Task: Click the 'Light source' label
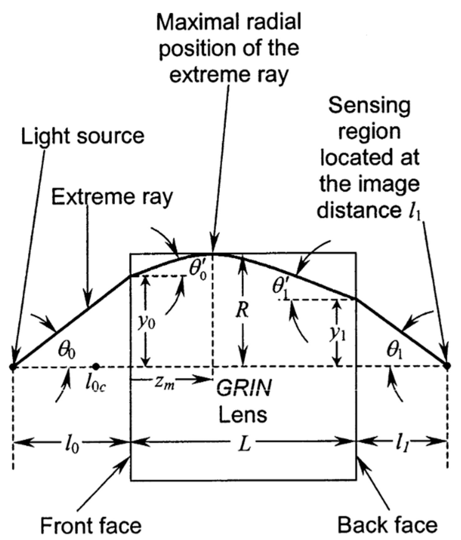coord(82,136)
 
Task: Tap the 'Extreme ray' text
coord(112,197)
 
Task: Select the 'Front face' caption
coord(91,526)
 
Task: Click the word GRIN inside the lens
coord(244,388)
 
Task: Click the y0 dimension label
coord(146,321)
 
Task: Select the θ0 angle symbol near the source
coord(67,351)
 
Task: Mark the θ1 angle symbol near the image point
coord(395,351)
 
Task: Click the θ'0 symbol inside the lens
coord(198,270)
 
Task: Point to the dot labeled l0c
coord(96,366)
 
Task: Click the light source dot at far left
coord(13,366)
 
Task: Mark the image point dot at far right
coord(447,365)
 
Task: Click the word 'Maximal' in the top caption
coord(195,22)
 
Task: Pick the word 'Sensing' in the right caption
coord(369,106)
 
